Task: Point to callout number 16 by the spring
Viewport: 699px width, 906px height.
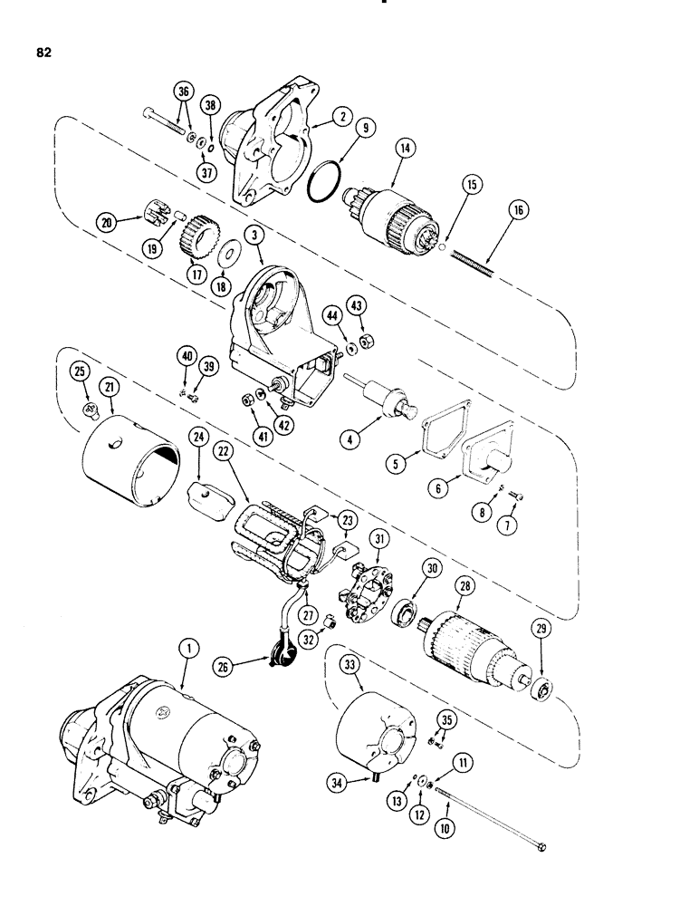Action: (524, 212)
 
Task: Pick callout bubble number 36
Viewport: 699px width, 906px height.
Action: (185, 92)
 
